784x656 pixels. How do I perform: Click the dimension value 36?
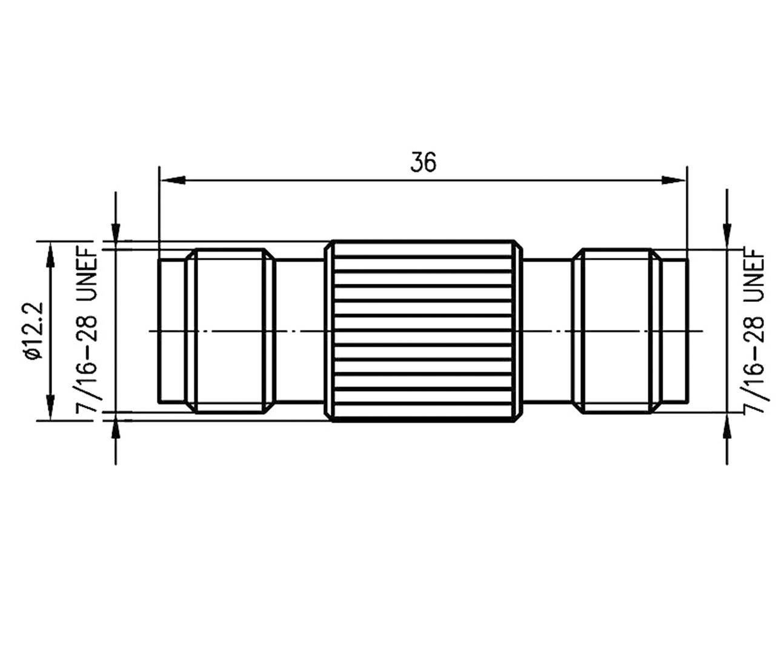coord(422,162)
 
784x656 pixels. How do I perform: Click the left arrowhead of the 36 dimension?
coord(172,179)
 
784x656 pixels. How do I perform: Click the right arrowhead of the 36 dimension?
coord(673,179)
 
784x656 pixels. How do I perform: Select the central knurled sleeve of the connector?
coord(424,330)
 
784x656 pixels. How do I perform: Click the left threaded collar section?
coord(230,330)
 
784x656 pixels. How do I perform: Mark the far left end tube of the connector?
coord(171,330)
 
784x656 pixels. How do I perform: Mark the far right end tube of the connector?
coord(674,330)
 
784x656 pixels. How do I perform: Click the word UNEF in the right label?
coord(756,274)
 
